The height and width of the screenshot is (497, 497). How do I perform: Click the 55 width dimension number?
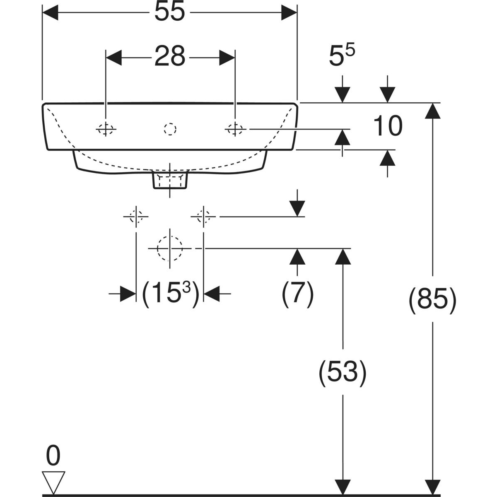pyautogui.click(x=169, y=12)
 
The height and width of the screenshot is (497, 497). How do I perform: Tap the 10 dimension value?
pyautogui.click(x=388, y=126)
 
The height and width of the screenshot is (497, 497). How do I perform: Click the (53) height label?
pyautogui.click(x=342, y=372)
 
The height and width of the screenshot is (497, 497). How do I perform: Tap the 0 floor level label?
pyautogui.click(x=53, y=456)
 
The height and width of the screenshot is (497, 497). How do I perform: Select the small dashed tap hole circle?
pyautogui.click(x=170, y=129)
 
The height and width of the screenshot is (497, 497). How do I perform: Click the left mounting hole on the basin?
pyautogui.click(x=106, y=129)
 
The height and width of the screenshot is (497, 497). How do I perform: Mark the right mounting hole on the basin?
pyautogui.click(x=235, y=129)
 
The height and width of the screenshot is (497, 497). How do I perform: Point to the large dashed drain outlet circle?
pyautogui.click(x=170, y=248)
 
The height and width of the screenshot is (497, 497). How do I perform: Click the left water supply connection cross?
pyautogui.click(x=136, y=216)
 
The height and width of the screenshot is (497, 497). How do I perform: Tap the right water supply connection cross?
pyautogui.click(x=203, y=216)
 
